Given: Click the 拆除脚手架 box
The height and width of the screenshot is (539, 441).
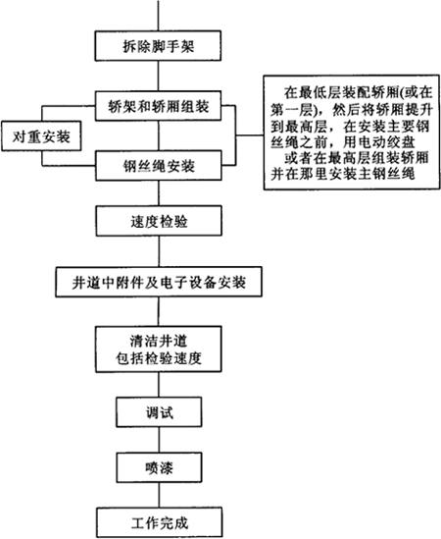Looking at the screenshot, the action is pyautogui.click(x=158, y=46).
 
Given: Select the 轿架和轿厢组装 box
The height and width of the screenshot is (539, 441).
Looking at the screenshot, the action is pyautogui.click(x=158, y=106).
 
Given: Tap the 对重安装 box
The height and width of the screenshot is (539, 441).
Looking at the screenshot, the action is pyautogui.click(x=41, y=135).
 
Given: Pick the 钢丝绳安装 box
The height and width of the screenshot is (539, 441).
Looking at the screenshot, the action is pyautogui.click(x=159, y=166).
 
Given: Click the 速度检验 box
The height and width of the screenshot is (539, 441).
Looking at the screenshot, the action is pyautogui.click(x=159, y=221).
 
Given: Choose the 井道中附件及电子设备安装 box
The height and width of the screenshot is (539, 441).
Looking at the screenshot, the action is pyautogui.click(x=159, y=282).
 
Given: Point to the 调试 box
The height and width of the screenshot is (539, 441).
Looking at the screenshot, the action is pyautogui.click(x=159, y=412).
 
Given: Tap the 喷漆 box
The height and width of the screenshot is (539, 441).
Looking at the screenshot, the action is pyautogui.click(x=159, y=467).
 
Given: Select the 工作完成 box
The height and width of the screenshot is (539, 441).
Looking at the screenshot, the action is pyautogui.click(x=159, y=522).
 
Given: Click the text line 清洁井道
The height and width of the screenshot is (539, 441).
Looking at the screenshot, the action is pyautogui.click(x=159, y=341).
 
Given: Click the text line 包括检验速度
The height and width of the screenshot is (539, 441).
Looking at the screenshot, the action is pyautogui.click(x=159, y=358).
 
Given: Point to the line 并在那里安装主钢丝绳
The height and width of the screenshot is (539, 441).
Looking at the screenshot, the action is pyautogui.click(x=343, y=174).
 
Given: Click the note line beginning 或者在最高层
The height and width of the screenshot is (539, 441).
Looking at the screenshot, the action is pyautogui.click(x=357, y=157).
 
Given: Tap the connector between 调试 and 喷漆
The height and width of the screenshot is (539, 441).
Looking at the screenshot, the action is pyautogui.click(x=159, y=440).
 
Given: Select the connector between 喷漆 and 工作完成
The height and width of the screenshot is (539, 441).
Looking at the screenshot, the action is pyautogui.click(x=159, y=495).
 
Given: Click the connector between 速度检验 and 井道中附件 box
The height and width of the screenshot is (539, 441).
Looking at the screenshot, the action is pyautogui.click(x=159, y=251).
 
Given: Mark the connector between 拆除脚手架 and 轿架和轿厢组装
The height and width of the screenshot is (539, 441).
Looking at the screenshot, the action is pyautogui.click(x=158, y=76).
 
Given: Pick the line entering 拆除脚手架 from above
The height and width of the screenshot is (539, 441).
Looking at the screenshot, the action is pyautogui.click(x=158, y=16).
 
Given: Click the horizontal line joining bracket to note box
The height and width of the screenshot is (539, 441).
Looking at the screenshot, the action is pyautogui.click(x=250, y=135).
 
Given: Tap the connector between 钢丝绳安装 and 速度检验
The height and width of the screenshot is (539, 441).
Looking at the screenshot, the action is pyautogui.click(x=159, y=193).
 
